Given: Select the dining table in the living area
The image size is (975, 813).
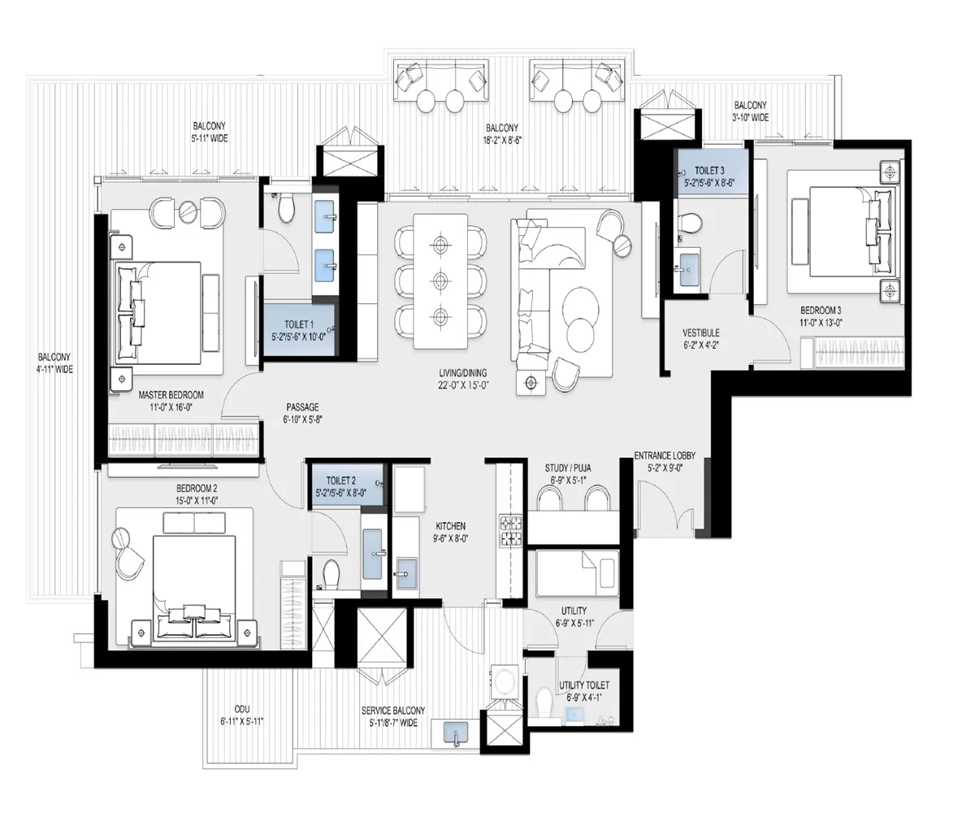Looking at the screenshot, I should (440, 280).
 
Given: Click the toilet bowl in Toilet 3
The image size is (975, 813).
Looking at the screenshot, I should (690, 223).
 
